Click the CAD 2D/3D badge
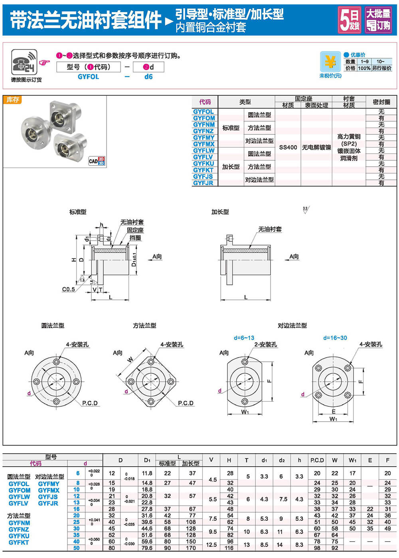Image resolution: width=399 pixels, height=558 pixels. click(x=97, y=161)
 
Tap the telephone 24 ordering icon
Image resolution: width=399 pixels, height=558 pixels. click(x=24, y=62)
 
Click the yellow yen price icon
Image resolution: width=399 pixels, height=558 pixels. click(x=330, y=62)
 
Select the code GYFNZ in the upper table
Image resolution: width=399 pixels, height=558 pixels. click(x=203, y=131)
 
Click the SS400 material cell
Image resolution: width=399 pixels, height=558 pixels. click(x=288, y=147)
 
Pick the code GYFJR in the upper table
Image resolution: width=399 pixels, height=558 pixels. click(x=203, y=183)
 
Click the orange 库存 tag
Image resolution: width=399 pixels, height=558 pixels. click(x=13, y=100)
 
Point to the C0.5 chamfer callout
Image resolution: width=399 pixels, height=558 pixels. click(x=68, y=289)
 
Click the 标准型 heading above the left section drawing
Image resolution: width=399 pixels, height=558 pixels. click(x=78, y=212)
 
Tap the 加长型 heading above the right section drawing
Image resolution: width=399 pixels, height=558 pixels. click(x=220, y=212)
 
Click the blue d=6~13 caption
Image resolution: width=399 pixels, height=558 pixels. click(x=244, y=338)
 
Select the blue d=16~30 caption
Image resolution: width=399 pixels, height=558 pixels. click(x=335, y=338)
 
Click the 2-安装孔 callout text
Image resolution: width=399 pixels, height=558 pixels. click(x=266, y=345)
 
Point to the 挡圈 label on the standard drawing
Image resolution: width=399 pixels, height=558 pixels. click(x=135, y=238)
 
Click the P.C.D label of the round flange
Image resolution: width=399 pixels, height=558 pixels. click(x=90, y=403)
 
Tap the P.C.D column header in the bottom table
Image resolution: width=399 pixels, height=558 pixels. click(x=317, y=460)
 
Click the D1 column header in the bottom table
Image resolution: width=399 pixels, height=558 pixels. click(x=147, y=460)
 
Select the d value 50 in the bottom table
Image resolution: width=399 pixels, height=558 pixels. click(x=77, y=548)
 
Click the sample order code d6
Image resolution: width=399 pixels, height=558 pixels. click(x=148, y=77)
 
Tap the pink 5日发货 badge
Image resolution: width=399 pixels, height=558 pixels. click(x=350, y=20)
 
